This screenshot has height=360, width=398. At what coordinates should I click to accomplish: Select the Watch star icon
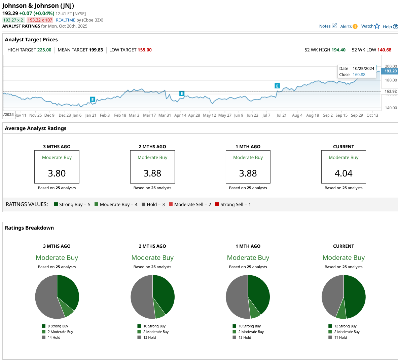[377, 26]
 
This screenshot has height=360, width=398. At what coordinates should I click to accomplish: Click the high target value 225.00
[44, 50]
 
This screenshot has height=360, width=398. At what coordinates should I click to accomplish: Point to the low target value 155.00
[144, 50]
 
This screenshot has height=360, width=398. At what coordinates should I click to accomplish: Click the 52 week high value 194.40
[338, 50]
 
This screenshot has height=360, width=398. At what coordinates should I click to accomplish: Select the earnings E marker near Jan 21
[93, 99]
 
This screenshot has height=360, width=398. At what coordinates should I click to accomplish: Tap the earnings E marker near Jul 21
[277, 86]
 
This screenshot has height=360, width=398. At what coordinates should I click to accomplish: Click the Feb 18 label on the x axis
[120, 115]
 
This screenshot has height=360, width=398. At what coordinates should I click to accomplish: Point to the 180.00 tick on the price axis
[391, 80]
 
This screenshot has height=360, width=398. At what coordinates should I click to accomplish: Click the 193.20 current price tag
[390, 71]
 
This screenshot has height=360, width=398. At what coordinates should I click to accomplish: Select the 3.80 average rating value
[57, 173]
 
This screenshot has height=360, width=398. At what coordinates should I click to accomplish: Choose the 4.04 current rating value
[343, 173]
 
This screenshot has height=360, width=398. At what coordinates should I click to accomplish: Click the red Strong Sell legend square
[217, 204]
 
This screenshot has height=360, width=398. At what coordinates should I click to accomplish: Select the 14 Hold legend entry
[54, 337]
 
